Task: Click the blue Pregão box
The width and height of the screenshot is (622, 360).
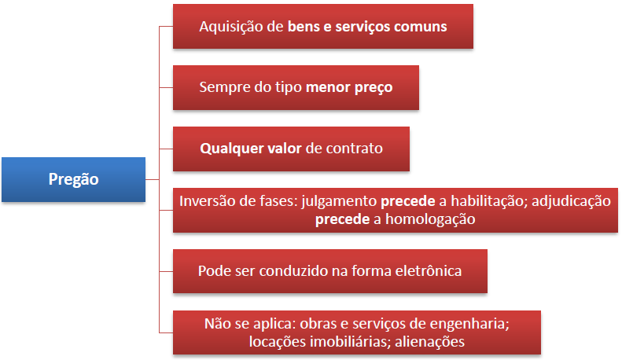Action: point(74,179)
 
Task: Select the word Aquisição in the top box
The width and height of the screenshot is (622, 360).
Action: point(230,27)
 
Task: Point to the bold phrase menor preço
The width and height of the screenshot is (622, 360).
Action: point(349,87)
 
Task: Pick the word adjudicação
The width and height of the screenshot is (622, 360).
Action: point(571,201)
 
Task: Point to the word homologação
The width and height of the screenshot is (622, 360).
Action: point(430,219)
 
